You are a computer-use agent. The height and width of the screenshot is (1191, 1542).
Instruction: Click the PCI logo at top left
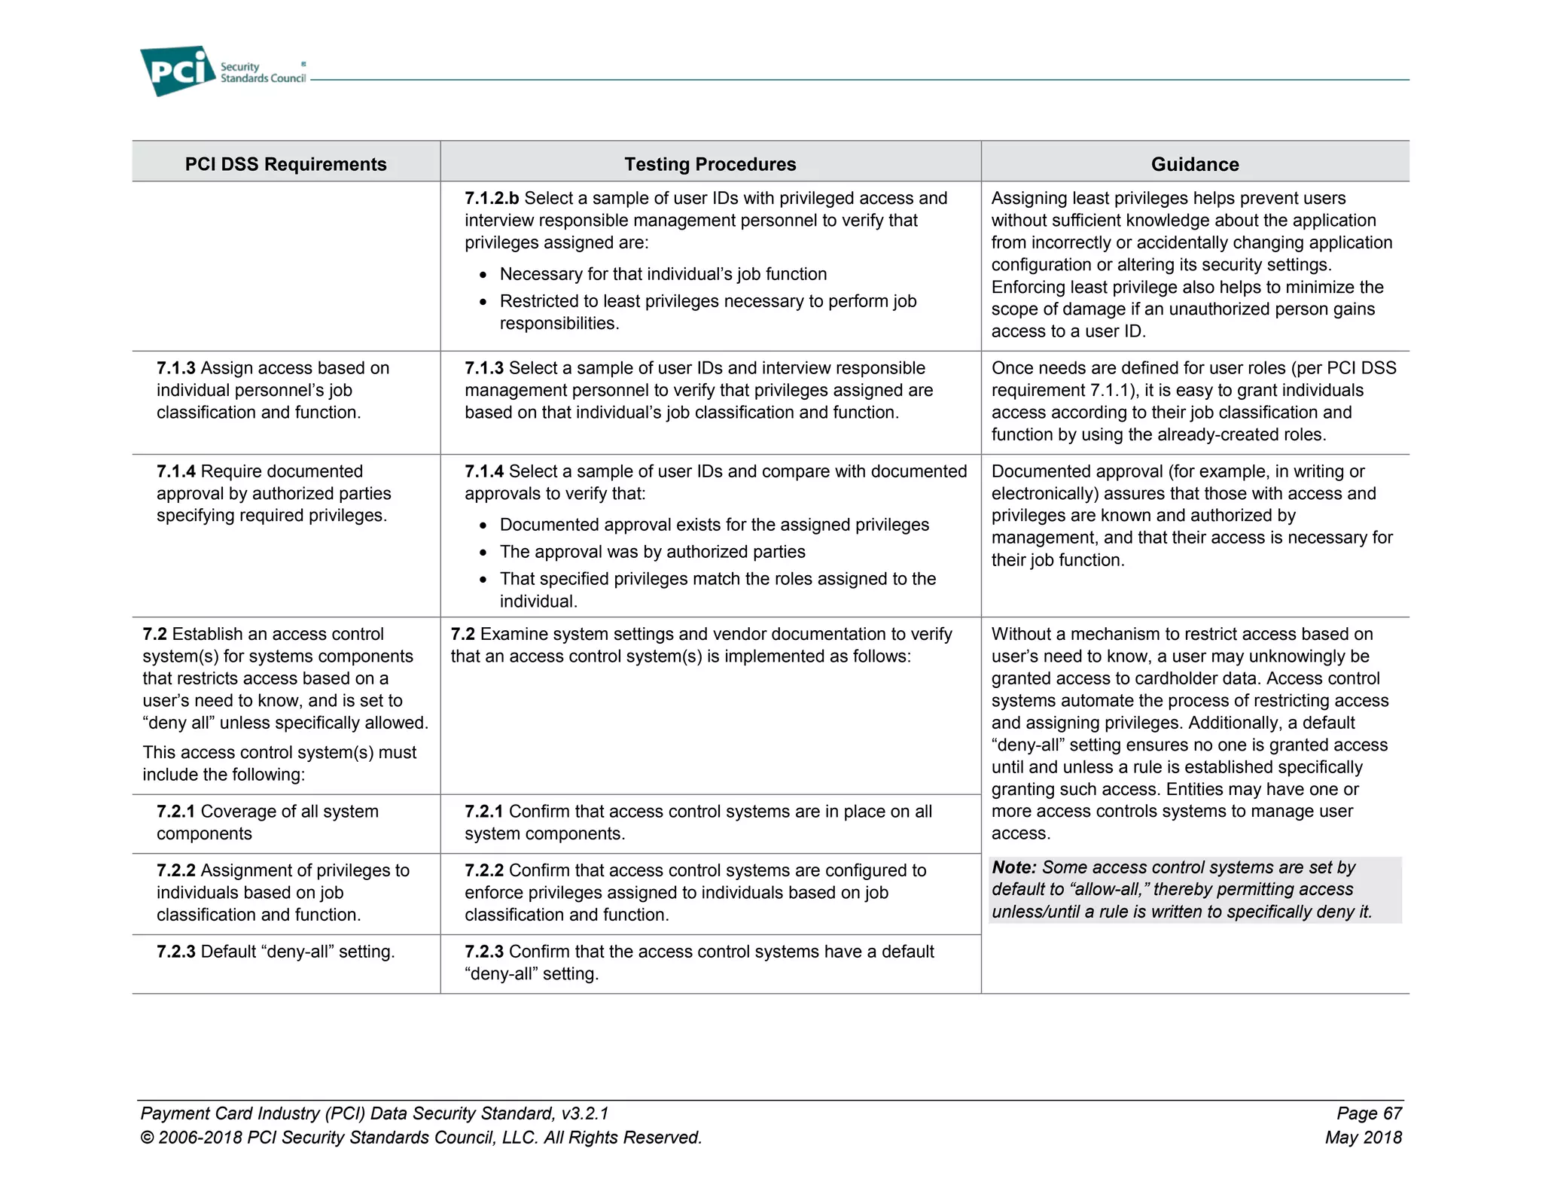178,71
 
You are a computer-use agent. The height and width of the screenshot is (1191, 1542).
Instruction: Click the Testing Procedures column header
709,164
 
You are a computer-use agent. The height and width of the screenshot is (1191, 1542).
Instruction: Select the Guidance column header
1194,164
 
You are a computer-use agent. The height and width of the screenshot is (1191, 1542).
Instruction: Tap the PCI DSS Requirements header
285,164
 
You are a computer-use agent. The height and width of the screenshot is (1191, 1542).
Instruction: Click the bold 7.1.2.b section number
491,198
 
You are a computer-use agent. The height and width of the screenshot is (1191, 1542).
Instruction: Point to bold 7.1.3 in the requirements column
175,368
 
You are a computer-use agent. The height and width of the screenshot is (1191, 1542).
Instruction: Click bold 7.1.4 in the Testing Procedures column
483,471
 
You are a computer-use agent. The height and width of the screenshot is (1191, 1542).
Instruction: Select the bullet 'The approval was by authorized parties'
652,552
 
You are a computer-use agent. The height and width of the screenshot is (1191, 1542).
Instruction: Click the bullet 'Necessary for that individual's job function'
663,274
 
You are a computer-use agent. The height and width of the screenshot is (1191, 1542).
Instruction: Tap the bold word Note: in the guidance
1013,867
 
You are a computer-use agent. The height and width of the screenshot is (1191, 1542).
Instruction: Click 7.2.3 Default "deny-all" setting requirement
275,952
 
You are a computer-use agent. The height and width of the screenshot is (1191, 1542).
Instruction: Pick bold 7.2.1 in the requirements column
175,812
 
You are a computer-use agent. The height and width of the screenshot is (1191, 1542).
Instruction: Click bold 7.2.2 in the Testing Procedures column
483,870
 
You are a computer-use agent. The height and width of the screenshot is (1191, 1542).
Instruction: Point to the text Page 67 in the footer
1369,1113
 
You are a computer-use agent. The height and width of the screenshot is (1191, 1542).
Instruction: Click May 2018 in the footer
1363,1138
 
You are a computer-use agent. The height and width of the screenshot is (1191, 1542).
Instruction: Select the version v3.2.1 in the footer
584,1113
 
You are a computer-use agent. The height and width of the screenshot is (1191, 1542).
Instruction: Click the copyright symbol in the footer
147,1138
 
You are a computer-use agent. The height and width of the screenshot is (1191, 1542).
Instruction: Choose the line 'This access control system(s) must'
279,752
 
